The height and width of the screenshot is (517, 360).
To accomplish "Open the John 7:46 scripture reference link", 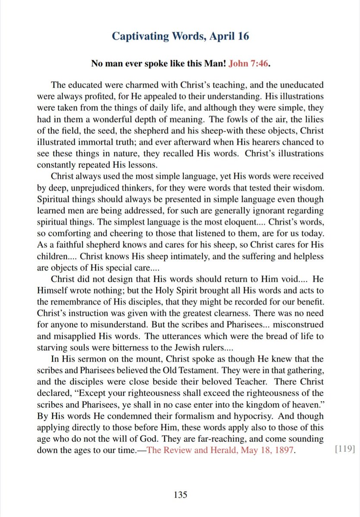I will coord(248,64).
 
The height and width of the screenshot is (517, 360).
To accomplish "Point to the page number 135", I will coord(180,495).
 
